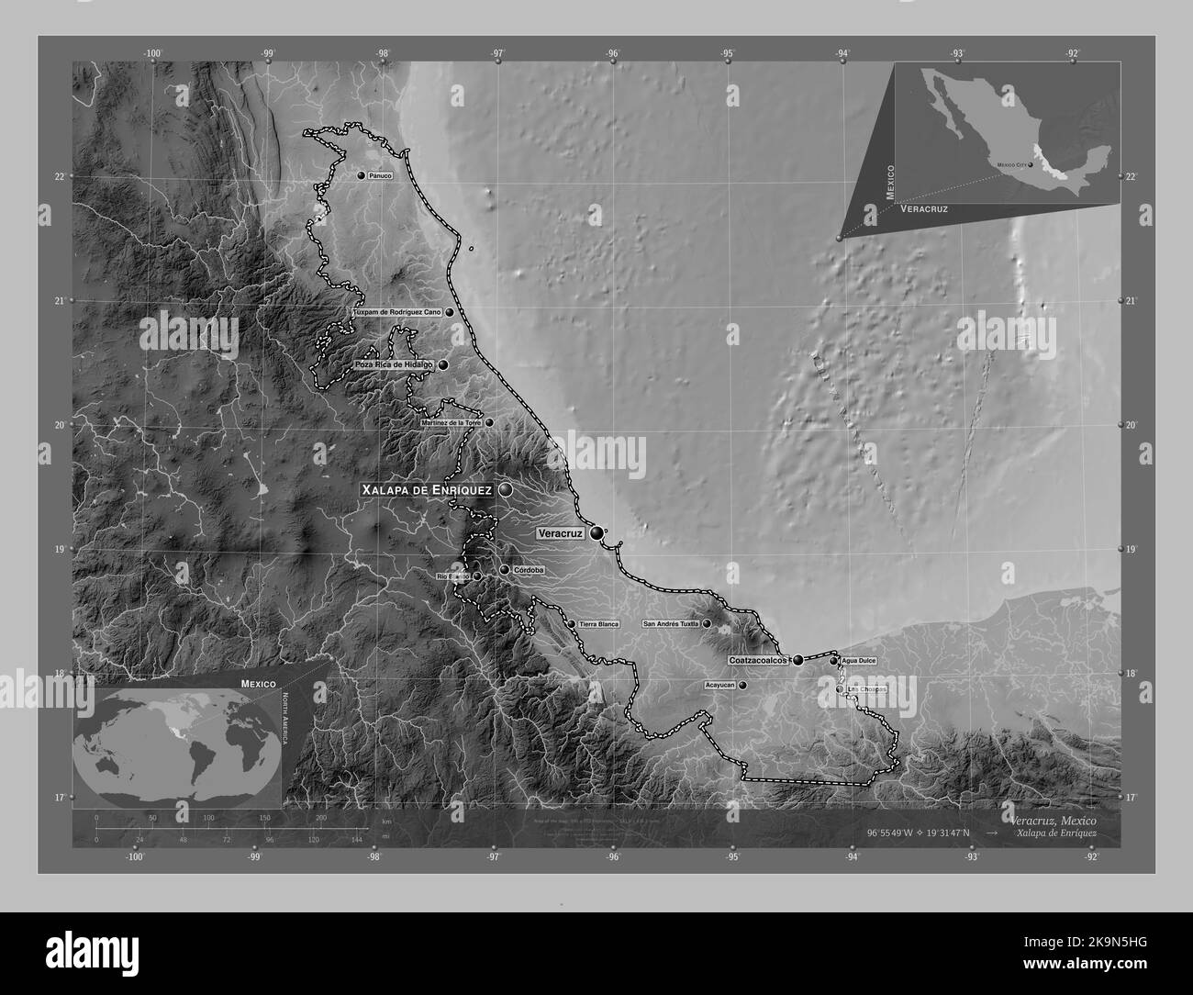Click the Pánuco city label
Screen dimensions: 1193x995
point(380,175)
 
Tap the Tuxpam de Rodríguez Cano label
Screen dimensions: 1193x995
point(396,312)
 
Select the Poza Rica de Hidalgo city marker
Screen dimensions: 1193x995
point(443,364)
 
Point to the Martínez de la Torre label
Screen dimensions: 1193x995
point(450,423)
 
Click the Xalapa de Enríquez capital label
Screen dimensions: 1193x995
point(428,491)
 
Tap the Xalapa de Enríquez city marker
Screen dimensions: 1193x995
point(505,491)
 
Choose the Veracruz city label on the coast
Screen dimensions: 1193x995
point(560,532)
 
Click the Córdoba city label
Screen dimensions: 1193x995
point(530,570)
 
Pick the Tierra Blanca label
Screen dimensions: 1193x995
point(599,624)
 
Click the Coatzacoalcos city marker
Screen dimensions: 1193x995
point(798,659)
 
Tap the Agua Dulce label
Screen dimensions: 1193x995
point(858,661)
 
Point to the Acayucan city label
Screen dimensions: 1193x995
point(719,685)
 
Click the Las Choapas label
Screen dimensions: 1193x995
point(867,688)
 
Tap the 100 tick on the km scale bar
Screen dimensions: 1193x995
point(209,817)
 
